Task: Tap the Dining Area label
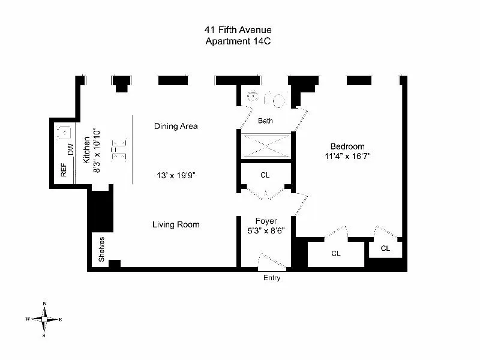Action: pyautogui.click(x=176, y=126)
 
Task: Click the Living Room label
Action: pyautogui.click(x=176, y=224)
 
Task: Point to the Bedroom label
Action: pyautogui.click(x=347, y=146)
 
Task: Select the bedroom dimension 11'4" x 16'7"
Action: pyautogui.click(x=347, y=157)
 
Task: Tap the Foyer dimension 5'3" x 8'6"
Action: pyautogui.click(x=265, y=230)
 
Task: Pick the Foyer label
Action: pyautogui.click(x=265, y=221)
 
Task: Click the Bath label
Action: pyautogui.click(x=265, y=121)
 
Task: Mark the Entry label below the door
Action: pyautogui.click(x=272, y=278)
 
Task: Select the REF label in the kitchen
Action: pyautogui.click(x=64, y=171)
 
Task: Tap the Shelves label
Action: pyautogui.click(x=101, y=250)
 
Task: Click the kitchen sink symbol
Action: pyautogui.click(x=64, y=131)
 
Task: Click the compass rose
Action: pyautogui.click(x=45, y=319)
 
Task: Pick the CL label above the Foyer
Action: pyautogui.click(x=265, y=175)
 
